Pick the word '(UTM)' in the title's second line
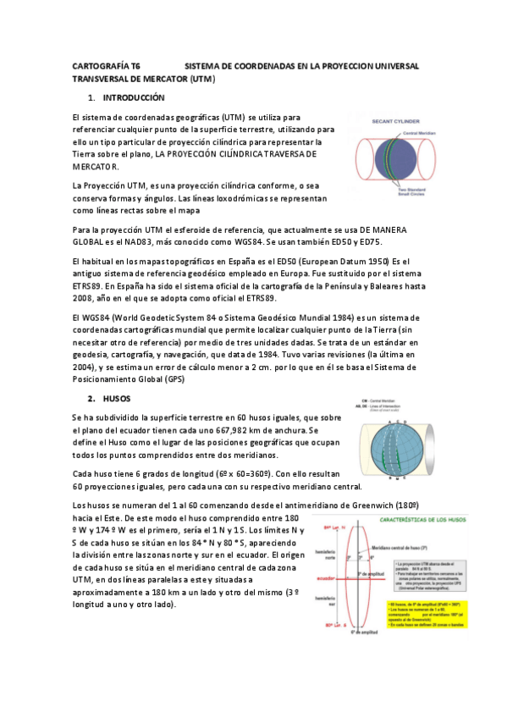(203, 79)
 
